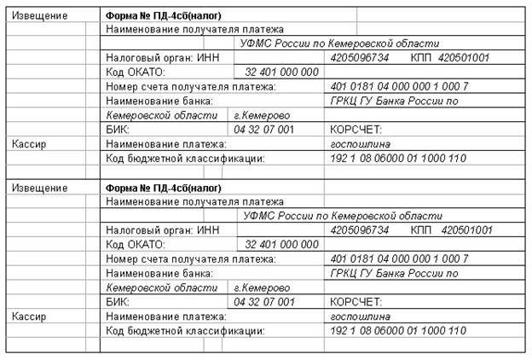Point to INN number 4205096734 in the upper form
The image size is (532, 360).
(359, 58)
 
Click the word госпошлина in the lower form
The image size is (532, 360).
(355, 316)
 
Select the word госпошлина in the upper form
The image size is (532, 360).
(355, 145)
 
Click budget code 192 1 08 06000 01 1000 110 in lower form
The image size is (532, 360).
(397, 331)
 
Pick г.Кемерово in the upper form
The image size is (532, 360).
(262, 115)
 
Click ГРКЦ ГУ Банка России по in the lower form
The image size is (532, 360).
(394, 274)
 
